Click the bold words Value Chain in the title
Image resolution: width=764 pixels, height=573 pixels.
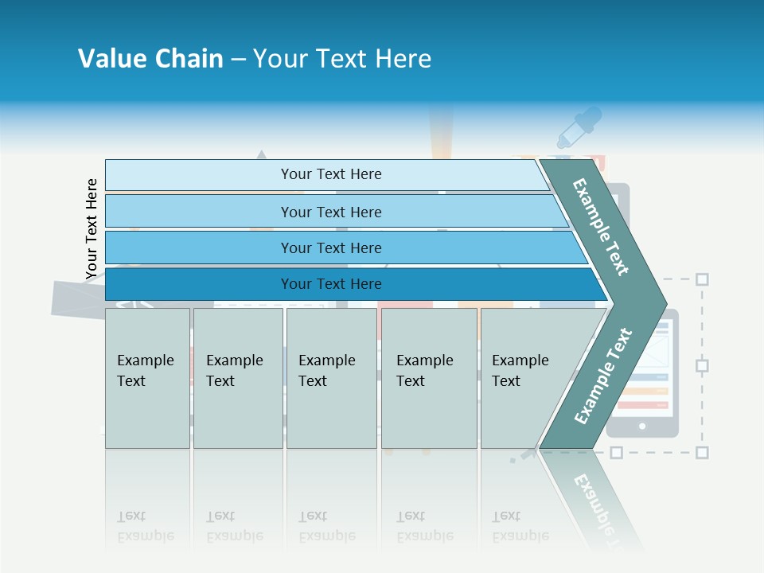(150, 59)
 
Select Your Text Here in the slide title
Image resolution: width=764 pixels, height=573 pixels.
(342, 59)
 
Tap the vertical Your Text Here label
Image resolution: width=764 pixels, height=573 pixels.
(92, 228)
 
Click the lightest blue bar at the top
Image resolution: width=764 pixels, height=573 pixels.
(330, 174)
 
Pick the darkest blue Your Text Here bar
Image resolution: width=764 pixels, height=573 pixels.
(330, 284)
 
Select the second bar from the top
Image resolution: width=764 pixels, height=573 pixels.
(330, 212)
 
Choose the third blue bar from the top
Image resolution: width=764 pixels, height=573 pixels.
(330, 248)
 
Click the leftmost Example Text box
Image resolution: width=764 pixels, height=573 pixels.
(147, 378)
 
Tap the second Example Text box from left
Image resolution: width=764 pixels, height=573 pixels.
(237, 378)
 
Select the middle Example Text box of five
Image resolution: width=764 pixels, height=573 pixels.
(331, 378)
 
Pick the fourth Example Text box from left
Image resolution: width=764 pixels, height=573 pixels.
(429, 378)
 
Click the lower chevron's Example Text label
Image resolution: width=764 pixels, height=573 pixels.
(603, 376)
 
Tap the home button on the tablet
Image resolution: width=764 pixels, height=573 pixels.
(642, 427)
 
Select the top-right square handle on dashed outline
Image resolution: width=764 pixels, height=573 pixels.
(702, 279)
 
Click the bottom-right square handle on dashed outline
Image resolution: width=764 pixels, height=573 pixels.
(702, 452)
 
